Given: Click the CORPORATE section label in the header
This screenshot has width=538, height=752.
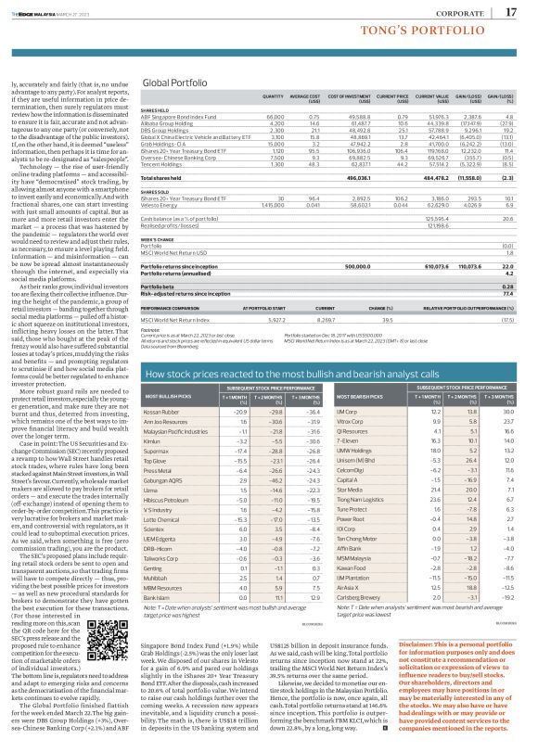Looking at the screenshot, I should click(x=468, y=11).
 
